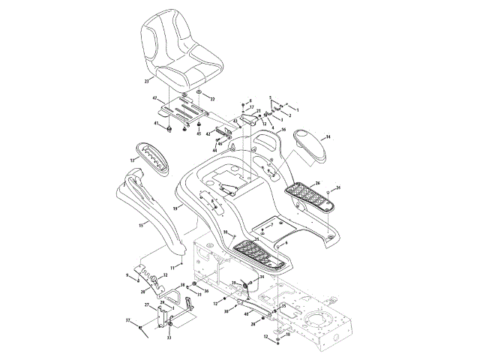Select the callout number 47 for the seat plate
(x=155, y=99)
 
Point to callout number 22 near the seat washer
(x=211, y=99)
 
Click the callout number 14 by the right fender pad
(x=327, y=137)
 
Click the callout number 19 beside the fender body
(x=175, y=208)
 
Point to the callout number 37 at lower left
(x=128, y=320)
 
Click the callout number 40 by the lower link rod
(x=246, y=314)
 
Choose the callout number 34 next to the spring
(x=262, y=277)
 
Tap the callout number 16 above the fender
(x=283, y=130)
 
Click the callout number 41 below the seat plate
(x=157, y=124)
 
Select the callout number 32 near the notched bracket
(x=165, y=276)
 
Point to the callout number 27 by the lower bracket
(x=146, y=304)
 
